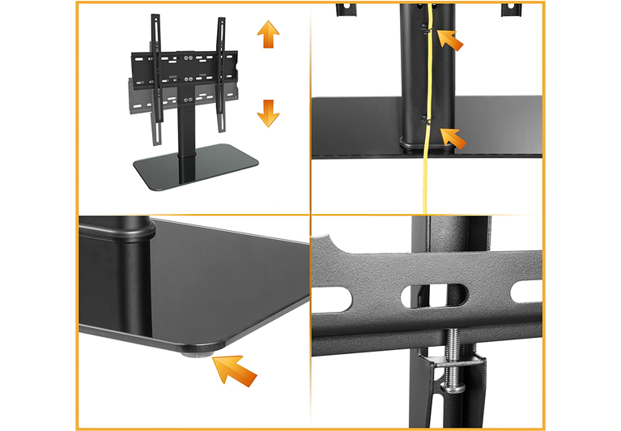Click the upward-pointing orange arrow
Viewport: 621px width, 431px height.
(268, 36)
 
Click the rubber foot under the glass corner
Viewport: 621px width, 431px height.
(197, 351)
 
